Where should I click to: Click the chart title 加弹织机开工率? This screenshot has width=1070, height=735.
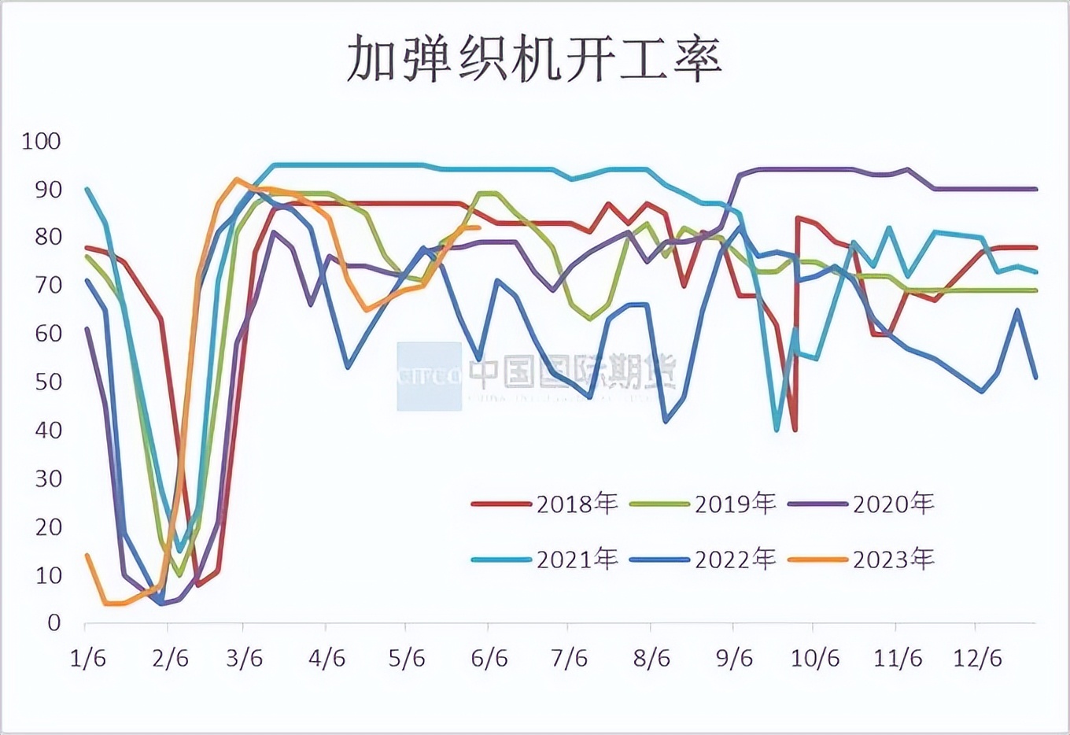pos(534,60)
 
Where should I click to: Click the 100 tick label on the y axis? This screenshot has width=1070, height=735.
pos(42,142)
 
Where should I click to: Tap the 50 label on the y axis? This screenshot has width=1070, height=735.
pos(48,382)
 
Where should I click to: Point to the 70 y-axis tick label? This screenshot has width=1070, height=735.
pos(48,286)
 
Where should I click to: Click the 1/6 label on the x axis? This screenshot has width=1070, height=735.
pos(87,658)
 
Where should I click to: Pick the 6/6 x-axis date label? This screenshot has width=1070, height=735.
pos(489,658)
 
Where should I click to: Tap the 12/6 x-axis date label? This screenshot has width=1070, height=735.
pos(977,658)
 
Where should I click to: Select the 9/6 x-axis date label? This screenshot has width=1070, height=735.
pos(734,658)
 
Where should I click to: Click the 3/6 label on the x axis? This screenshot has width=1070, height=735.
pos(245,658)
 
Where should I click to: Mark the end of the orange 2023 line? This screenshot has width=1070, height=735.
pos(478,227)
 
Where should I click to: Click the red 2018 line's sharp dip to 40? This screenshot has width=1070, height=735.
pos(795,430)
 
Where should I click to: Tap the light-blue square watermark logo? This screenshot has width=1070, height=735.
pos(429,376)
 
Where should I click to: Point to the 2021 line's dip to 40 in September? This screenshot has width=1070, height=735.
pos(777,430)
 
